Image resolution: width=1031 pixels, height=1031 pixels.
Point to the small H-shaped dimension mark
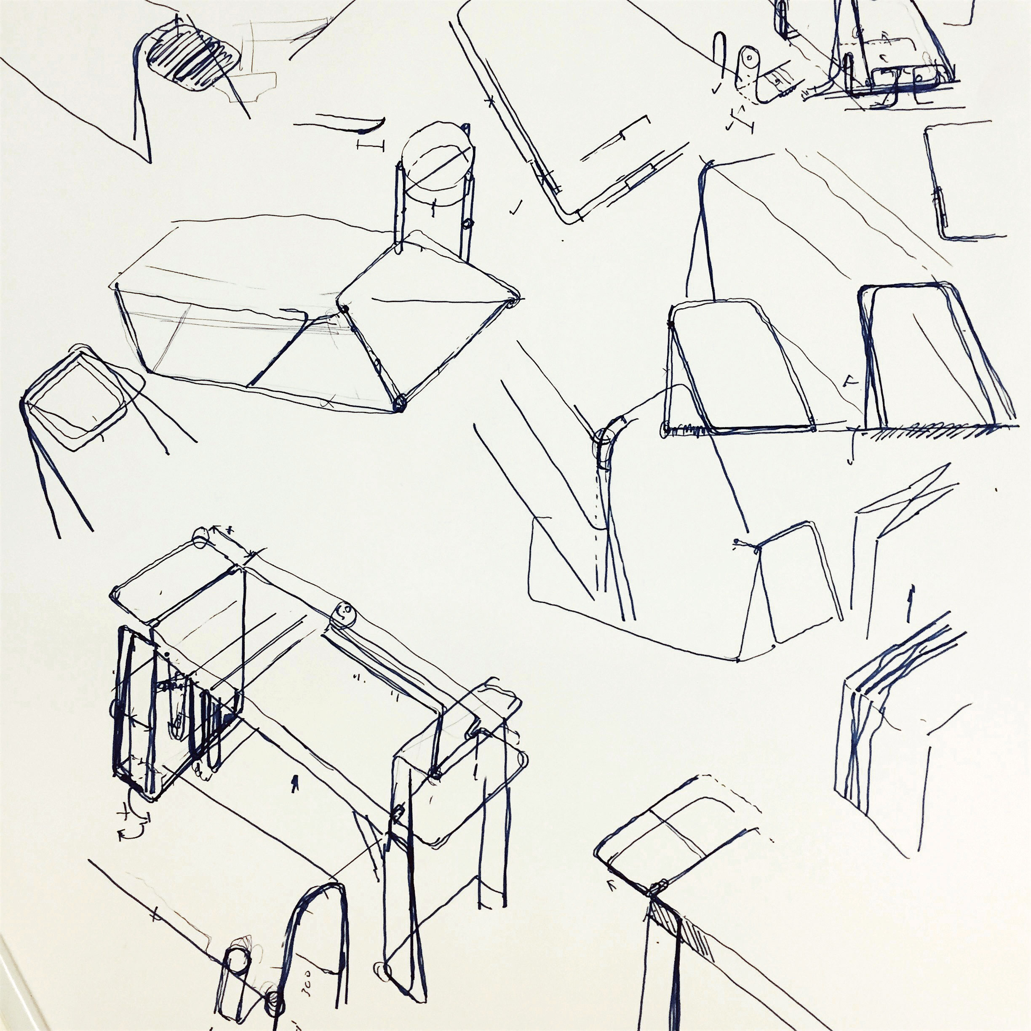point(370,146)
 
